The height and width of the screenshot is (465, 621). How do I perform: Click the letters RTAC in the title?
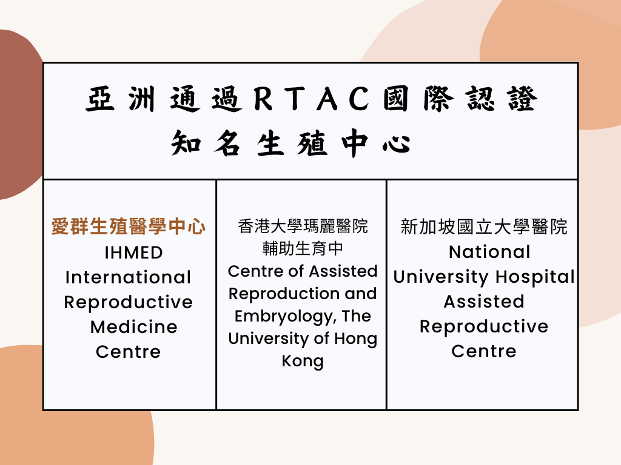312,99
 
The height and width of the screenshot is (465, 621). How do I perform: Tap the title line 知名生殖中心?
290,143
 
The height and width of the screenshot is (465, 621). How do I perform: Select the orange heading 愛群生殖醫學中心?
129,226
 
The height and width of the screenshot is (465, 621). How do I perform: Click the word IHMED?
133,253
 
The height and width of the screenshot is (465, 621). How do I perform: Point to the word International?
129,277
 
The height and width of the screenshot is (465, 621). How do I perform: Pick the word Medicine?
133,327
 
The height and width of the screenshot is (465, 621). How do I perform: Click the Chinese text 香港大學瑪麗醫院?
303,226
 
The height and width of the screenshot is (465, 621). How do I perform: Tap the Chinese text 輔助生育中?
303,249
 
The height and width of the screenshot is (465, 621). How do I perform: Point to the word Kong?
303,361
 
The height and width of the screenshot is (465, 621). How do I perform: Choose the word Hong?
355,339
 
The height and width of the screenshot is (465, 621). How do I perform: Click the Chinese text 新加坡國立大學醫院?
484,227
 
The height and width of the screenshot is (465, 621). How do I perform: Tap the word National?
489,252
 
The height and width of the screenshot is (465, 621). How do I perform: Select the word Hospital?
535,277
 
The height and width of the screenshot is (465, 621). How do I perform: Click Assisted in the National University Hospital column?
484,302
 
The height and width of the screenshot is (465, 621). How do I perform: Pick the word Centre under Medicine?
129,352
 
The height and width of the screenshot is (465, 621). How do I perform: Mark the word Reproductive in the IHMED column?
129,303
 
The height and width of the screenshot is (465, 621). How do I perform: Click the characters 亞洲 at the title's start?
121,99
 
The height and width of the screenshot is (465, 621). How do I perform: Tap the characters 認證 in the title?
501,99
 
